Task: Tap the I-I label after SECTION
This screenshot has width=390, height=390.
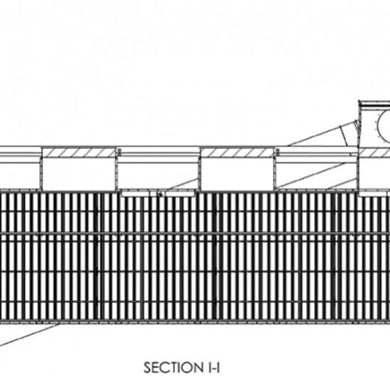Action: tap(213, 367)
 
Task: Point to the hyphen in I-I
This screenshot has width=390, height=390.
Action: tap(213, 369)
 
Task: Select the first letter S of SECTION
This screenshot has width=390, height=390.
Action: tap(147, 367)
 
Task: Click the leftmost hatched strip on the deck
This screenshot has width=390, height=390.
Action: tap(79, 152)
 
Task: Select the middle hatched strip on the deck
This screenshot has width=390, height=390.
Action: tap(238, 152)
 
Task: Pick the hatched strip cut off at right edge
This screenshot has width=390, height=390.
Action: tap(374, 152)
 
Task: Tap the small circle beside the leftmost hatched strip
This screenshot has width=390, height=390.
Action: tap(119, 150)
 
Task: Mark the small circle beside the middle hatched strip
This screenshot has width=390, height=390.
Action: tap(277, 150)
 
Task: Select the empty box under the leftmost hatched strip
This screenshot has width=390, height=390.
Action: tap(79, 174)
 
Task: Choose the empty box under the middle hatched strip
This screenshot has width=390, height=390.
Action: tap(238, 174)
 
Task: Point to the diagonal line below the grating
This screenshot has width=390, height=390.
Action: tap(29, 335)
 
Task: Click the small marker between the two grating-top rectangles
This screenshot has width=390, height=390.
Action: tap(161, 194)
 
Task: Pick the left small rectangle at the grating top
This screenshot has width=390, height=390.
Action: tap(136, 194)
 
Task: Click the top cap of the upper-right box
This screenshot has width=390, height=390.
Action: tap(374, 103)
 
